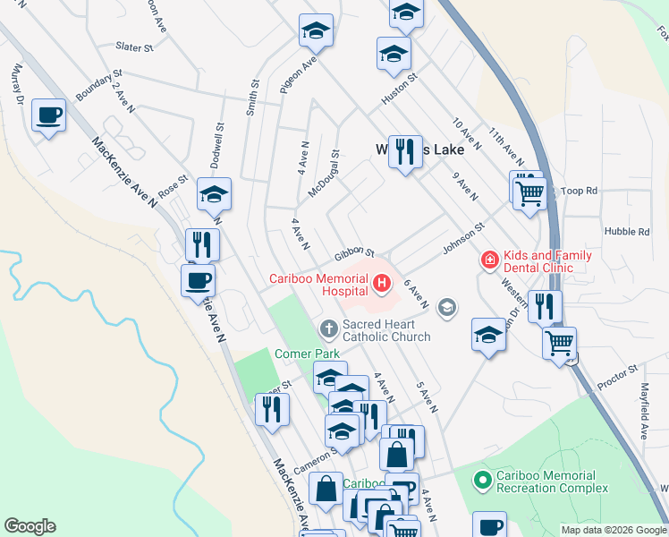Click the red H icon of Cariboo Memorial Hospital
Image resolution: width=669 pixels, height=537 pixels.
(x=383, y=285)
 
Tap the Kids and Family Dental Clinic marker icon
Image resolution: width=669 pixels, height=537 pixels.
(x=489, y=260)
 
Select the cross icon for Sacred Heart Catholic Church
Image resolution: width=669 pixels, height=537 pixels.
(x=328, y=328)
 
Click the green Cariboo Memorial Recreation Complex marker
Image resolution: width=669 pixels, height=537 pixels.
(x=482, y=482)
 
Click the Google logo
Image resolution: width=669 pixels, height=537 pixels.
(x=30, y=526)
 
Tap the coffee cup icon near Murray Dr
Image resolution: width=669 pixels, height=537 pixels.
(x=48, y=115)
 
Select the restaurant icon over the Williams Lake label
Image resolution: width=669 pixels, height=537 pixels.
(x=405, y=152)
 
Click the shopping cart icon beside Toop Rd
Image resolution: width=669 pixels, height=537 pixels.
(x=531, y=192)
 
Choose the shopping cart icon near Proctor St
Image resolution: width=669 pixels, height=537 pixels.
(x=559, y=343)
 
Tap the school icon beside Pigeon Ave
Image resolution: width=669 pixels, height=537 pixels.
(x=315, y=31)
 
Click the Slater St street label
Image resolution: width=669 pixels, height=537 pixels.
(x=135, y=47)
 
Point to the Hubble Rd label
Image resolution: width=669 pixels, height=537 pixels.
(x=626, y=232)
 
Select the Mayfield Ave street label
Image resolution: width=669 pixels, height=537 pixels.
(x=643, y=412)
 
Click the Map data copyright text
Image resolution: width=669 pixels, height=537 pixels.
(x=614, y=530)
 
